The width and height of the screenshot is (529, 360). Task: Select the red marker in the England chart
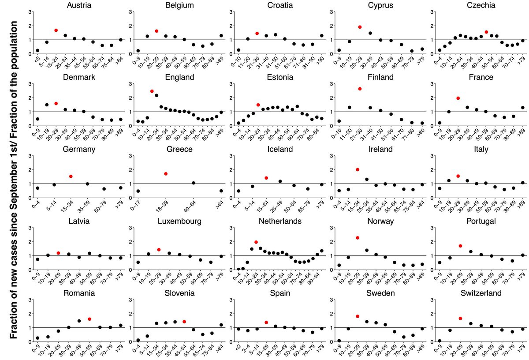click(152, 91)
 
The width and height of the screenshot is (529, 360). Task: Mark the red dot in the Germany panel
click(71, 176)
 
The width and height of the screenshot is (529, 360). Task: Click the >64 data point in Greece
click(221, 191)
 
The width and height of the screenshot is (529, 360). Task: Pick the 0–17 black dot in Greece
click(138, 191)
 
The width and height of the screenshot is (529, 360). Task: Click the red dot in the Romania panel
click(89, 319)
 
